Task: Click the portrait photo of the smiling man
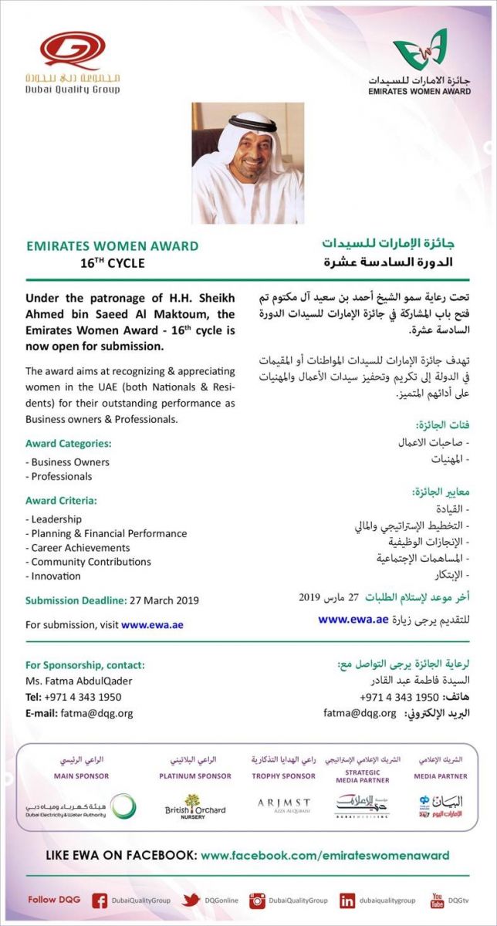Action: (248, 164)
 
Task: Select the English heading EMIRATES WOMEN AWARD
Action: (112, 246)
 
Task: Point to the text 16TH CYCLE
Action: (113, 263)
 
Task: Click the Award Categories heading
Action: (69, 444)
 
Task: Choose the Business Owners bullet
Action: (69, 462)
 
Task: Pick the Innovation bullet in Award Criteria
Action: (56, 576)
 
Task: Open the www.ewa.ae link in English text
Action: (152, 625)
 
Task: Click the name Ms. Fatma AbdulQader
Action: (78, 681)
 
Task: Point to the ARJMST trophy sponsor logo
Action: (283, 805)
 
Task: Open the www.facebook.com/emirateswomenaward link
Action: (324, 855)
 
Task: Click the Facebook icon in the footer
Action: (100, 901)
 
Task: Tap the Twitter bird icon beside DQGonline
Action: (191, 901)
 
